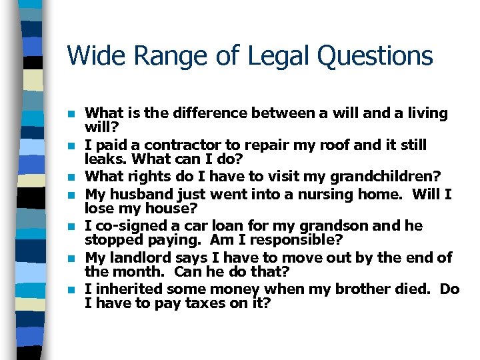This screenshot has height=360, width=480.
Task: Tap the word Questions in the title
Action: [x=375, y=56]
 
